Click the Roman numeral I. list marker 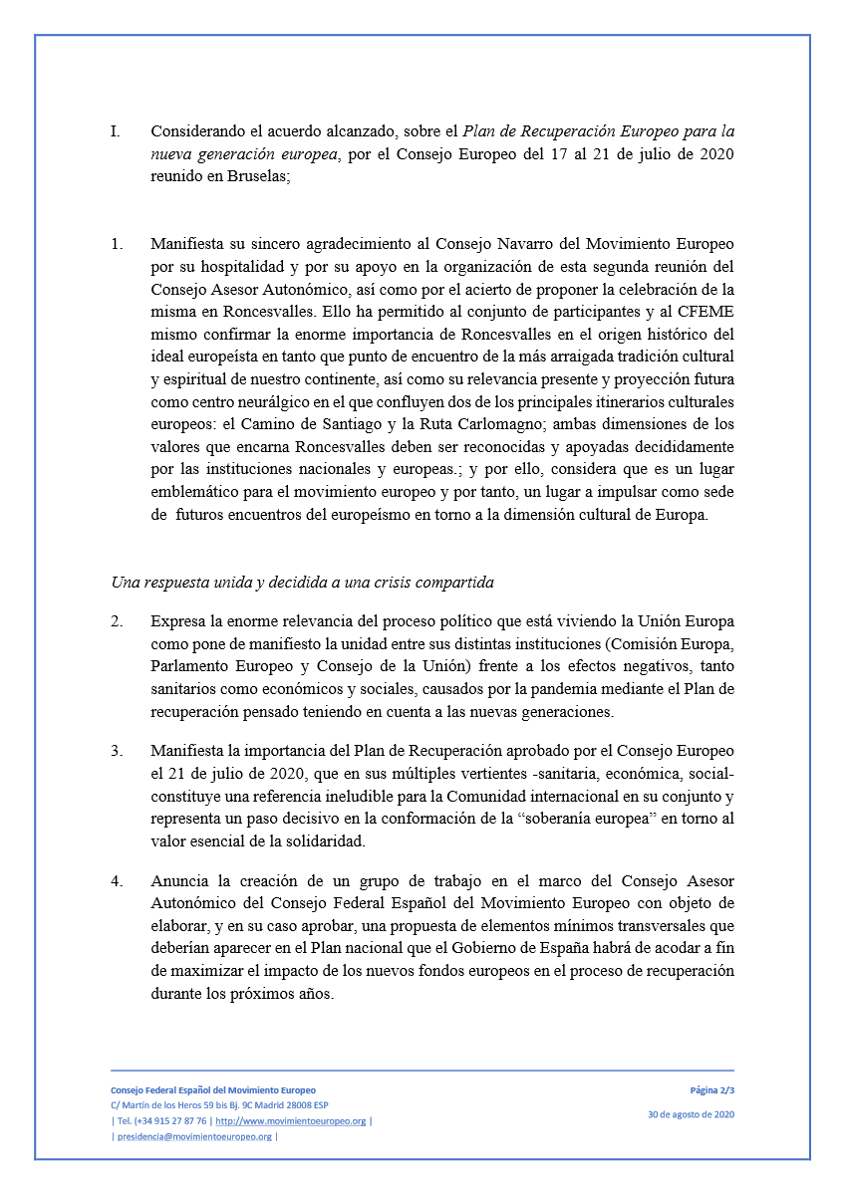tap(115, 131)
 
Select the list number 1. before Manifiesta tap(116, 244)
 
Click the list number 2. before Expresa tap(117, 620)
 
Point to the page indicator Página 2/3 tap(711, 1090)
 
